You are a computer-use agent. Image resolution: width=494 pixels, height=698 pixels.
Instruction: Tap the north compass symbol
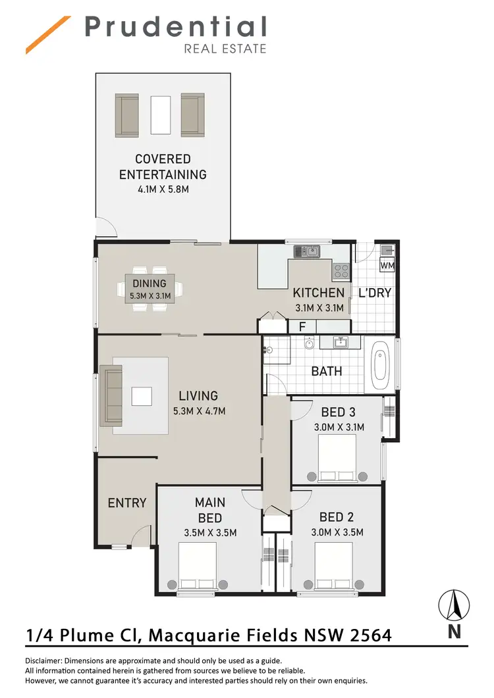[454, 606]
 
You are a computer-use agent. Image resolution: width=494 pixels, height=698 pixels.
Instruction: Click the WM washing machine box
[388, 265]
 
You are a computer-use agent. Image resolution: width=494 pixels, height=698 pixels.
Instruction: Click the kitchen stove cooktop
[341, 268]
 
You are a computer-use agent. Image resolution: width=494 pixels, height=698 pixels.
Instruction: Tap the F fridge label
[302, 326]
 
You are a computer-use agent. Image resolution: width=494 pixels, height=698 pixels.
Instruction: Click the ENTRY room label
[126, 503]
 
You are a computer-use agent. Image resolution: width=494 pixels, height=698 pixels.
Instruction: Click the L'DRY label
[375, 293]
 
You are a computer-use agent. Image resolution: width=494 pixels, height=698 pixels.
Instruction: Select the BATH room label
[327, 371]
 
